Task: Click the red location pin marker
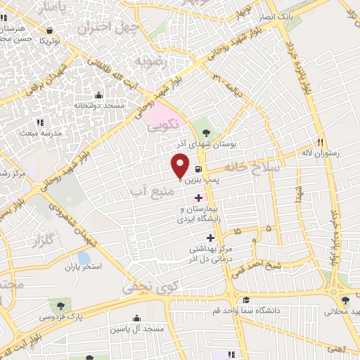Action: tap(181, 165)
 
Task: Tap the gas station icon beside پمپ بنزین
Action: tap(200, 169)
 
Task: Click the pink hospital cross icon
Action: tap(198, 199)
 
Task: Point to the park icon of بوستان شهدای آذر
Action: tap(205, 131)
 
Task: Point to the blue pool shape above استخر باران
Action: tap(84, 258)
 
